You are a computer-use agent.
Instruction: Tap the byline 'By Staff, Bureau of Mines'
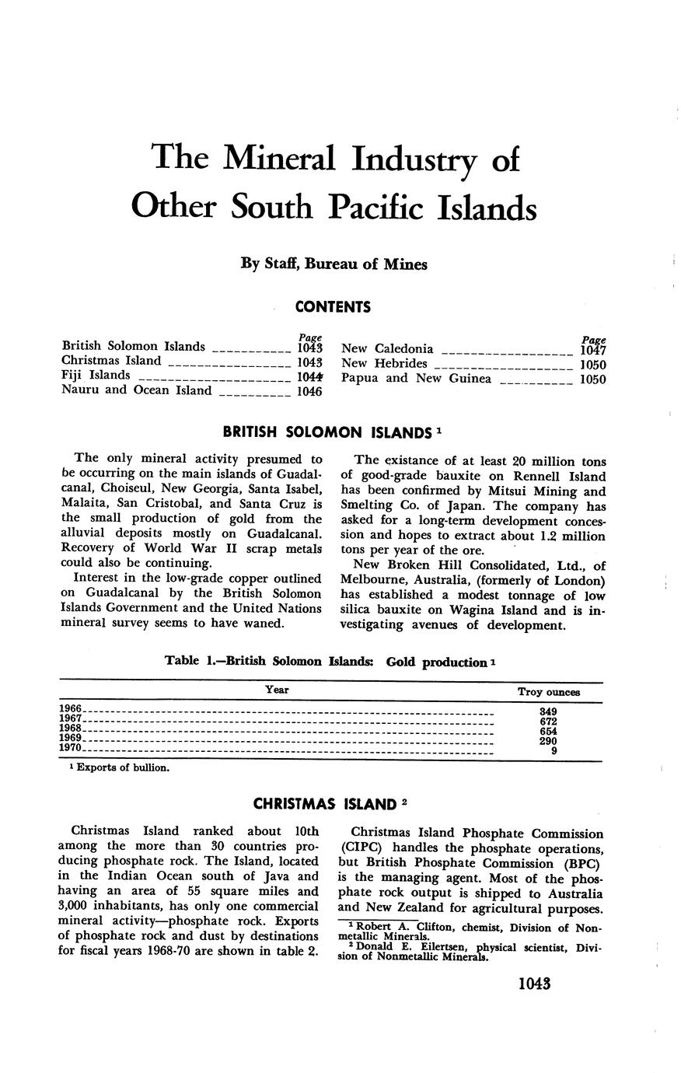(x=334, y=264)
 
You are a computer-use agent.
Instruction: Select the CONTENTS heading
(x=333, y=307)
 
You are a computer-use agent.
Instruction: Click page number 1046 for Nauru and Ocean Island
(x=309, y=391)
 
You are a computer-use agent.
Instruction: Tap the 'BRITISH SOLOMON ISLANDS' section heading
(x=327, y=432)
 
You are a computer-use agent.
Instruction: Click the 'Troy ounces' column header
(x=549, y=692)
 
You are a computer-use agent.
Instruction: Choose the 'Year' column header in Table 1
(x=277, y=690)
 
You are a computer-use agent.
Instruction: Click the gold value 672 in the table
(x=549, y=722)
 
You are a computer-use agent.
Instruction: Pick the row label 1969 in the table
(x=70, y=737)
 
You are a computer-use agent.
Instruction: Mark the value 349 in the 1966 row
(x=549, y=711)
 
